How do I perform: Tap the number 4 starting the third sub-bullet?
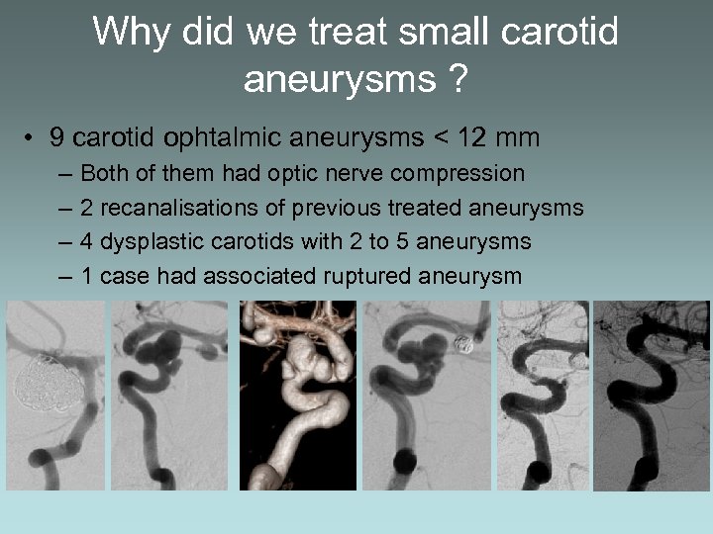click(87, 241)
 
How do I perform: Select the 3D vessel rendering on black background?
click(297, 396)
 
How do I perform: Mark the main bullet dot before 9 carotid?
click(33, 138)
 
